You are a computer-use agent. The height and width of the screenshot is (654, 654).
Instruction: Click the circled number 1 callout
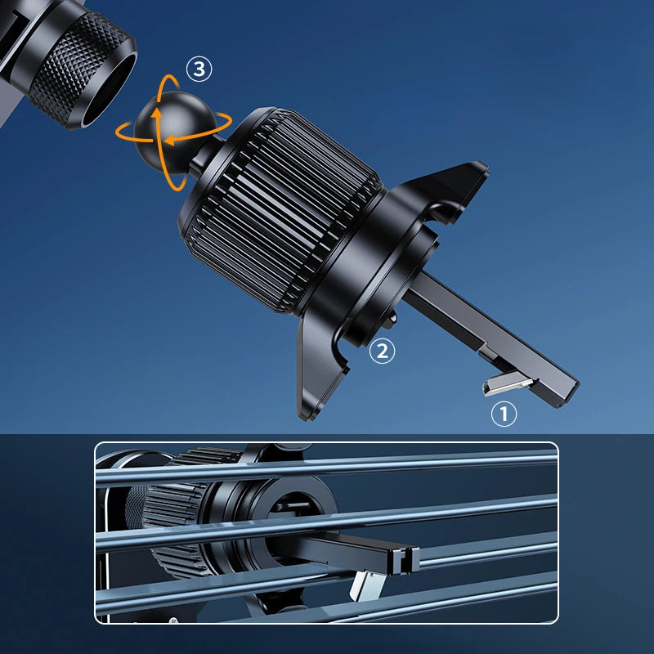coord(504,414)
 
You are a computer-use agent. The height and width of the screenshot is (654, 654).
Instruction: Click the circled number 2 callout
coord(382,351)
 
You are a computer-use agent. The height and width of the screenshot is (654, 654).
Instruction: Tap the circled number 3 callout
coord(199,69)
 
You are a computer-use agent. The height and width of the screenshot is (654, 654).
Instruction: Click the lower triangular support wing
coord(318,367)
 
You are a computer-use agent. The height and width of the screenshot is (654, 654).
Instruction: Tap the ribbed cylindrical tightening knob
coord(280,208)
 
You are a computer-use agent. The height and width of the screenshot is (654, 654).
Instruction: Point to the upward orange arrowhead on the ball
coord(157,114)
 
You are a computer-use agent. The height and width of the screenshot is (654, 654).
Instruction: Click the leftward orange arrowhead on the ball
coord(169,141)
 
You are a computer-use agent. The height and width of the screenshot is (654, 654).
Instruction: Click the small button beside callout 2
coord(392,320)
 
